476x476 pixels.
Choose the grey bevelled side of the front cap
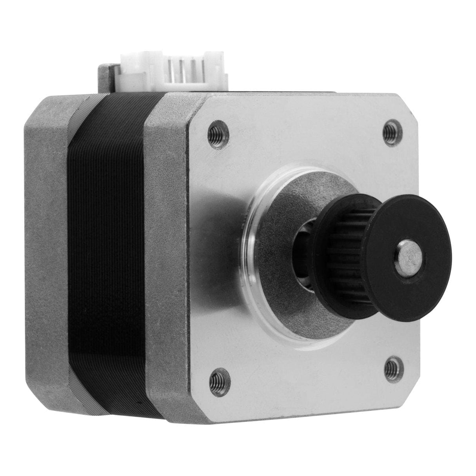coord(165,255)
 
